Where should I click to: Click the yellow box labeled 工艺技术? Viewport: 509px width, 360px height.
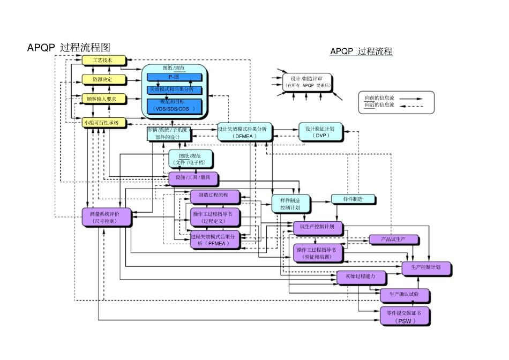(x=103, y=61)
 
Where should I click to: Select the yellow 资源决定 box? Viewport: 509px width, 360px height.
(x=103, y=80)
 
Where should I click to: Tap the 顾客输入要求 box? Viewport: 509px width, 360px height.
(x=103, y=99)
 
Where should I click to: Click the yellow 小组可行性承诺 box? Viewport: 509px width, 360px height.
(x=104, y=123)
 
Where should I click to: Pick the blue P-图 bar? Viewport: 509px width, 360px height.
(x=174, y=77)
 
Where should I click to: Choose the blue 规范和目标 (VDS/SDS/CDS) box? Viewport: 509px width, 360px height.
(x=174, y=106)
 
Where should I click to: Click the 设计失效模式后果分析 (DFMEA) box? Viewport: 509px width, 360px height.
(x=244, y=132)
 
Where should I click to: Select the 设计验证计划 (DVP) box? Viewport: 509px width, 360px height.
(x=320, y=132)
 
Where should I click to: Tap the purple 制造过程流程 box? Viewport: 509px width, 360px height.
(x=215, y=196)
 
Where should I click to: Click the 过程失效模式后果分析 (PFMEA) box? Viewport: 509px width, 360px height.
(x=215, y=239)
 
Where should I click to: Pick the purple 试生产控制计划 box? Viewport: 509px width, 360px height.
(x=318, y=227)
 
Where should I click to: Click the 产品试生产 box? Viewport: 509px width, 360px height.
(x=393, y=239)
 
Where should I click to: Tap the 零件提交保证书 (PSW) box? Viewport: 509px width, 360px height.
(x=404, y=317)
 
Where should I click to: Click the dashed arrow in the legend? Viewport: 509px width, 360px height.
(x=411, y=106)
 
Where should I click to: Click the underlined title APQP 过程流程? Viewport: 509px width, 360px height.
(x=361, y=51)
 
